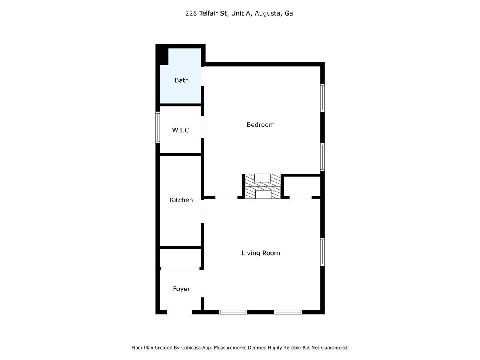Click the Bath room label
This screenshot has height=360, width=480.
click(x=181, y=80)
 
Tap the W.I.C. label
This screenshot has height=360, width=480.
click(x=181, y=130)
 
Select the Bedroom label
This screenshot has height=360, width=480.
click(x=260, y=125)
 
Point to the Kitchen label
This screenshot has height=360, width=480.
click(x=181, y=200)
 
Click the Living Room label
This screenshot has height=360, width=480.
click(x=261, y=253)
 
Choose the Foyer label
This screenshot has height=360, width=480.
click(x=181, y=289)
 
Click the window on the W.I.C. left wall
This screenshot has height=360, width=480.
click(x=158, y=127)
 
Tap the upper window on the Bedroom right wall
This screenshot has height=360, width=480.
click(x=322, y=97)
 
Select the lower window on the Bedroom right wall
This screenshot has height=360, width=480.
click(x=322, y=157)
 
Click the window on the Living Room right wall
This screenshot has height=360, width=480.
click(x=322, y=252)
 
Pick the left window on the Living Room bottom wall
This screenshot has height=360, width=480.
click(x=233, y=312)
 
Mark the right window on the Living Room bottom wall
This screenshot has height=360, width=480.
click(x=288, y=312)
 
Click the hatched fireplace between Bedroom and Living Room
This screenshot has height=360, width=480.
click(x=263, y=186)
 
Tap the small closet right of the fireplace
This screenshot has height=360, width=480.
click(x=302, y=186)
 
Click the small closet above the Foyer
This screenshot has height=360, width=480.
click(x=180, y=258)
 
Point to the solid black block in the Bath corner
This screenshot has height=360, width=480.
click(x=162, y=55)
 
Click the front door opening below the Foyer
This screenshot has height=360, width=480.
click(x=179, y=312)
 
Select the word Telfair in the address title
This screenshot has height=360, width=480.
click(x=211, y=13)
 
